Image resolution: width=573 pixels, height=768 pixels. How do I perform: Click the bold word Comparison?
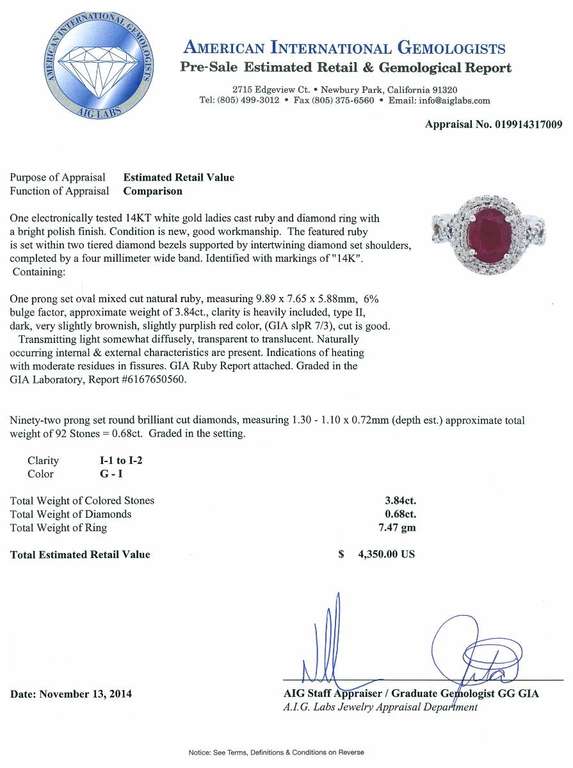152,191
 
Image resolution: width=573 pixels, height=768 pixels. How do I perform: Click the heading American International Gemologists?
344,48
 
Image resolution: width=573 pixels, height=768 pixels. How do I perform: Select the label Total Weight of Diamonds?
71,514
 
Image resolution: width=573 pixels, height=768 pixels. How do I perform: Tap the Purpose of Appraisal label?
58,177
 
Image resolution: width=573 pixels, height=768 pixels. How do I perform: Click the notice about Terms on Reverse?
276,752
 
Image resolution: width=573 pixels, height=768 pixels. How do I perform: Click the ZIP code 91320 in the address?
440,90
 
